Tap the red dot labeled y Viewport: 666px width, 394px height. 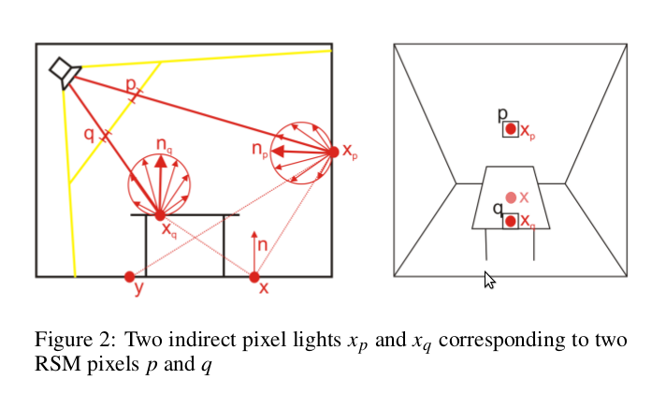129,276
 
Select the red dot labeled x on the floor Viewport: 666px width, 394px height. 254,276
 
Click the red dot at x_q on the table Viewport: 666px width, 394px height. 160,215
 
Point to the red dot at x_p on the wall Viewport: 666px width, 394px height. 332,152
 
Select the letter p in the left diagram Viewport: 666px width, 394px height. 130,84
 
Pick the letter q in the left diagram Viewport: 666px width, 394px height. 89,133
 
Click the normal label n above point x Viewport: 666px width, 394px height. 263,244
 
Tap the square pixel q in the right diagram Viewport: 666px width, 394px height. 510,221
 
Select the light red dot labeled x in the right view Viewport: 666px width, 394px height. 511,197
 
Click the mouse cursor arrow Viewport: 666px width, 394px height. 488,279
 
